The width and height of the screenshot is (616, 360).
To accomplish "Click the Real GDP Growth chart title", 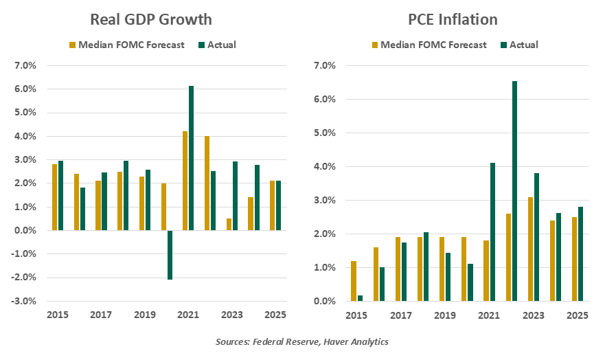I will (151, 19).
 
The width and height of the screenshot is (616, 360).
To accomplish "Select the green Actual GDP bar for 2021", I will (191, 158).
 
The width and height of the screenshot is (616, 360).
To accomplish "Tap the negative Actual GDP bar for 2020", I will (169, 255).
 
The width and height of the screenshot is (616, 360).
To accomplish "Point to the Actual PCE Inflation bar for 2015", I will (361, 298).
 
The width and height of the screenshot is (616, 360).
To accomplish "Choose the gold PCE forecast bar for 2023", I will (529, 249).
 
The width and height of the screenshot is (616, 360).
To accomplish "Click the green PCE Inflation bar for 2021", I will (492, 232).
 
